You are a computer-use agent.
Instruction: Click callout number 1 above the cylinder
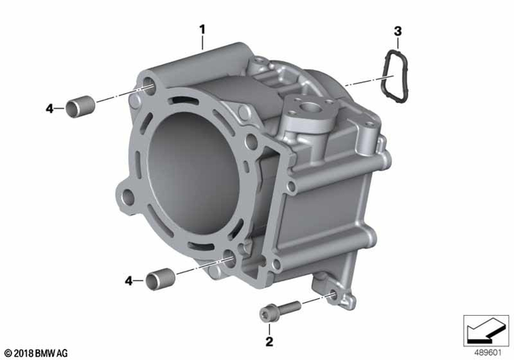(203, 31)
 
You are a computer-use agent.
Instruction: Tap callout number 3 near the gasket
(397, 31)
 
